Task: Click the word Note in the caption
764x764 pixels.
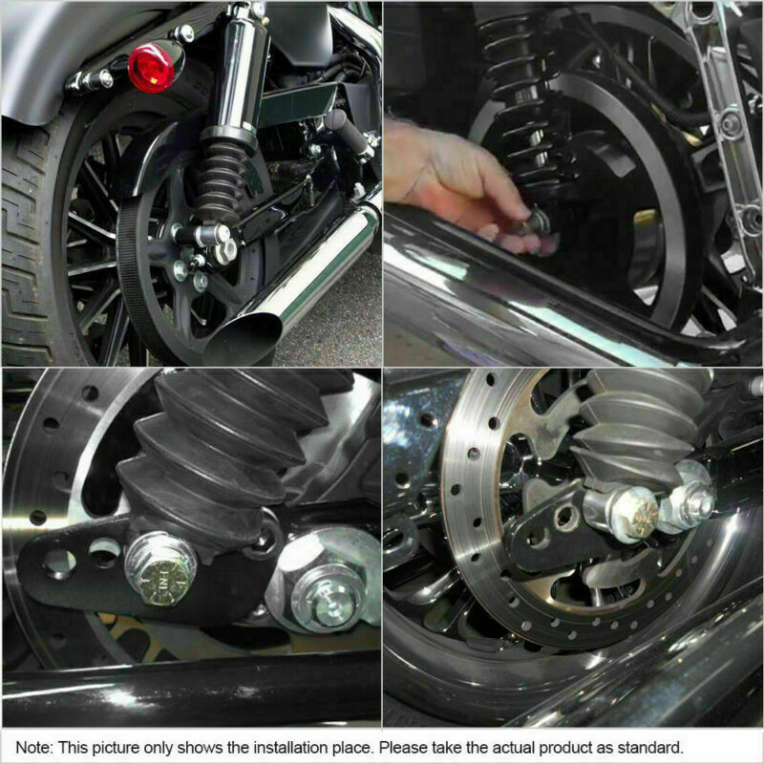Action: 32,746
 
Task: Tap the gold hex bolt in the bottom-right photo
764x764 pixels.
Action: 631,514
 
